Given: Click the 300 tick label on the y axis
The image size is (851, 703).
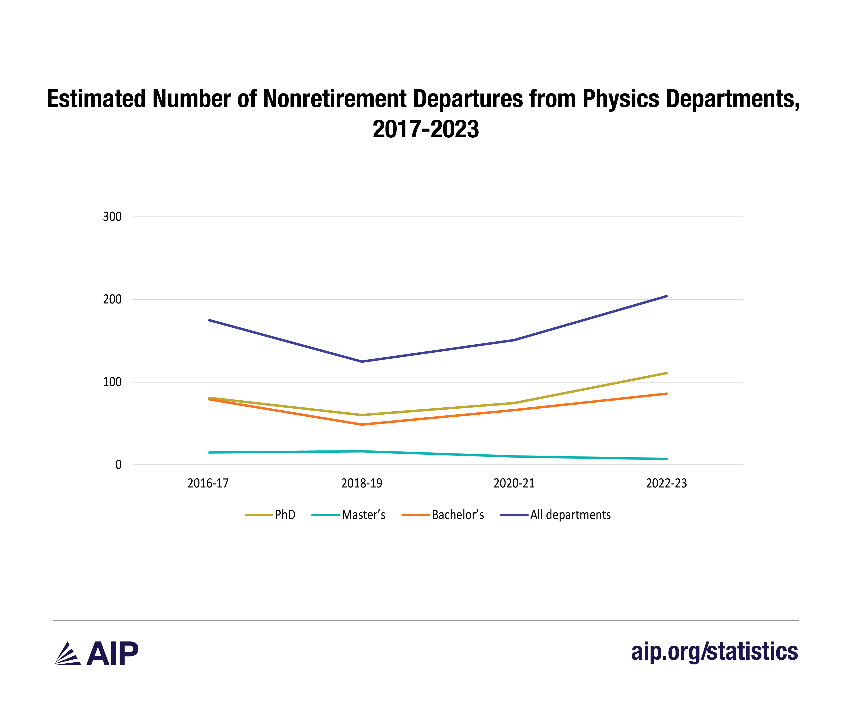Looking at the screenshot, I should pos(112,217).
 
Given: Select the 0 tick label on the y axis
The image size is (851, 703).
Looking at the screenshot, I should pos(118,465).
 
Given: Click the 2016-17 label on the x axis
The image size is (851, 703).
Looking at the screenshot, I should pos(208,483).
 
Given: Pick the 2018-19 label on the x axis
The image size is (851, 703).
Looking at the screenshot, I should pos(361,483).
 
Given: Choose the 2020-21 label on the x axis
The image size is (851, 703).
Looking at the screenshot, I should pos(514,483).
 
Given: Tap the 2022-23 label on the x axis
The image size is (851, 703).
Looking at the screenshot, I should pos(666,483).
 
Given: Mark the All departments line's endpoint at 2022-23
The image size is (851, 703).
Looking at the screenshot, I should pos(666,296).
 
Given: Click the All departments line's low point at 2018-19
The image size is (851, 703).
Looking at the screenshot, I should pos(361,361).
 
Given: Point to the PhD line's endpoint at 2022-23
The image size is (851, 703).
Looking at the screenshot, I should pos(666,373).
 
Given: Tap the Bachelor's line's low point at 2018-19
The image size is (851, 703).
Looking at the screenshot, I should pos(361,424).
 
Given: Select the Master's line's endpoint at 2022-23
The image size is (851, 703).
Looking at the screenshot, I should pos(666,459).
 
